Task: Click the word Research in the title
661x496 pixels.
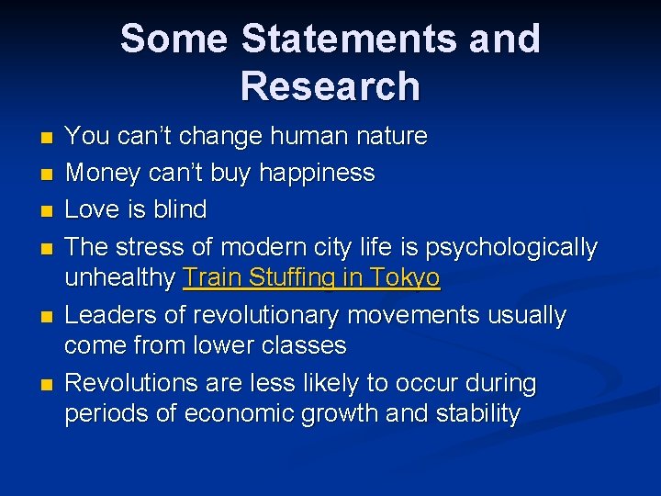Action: click(x=330, y=86)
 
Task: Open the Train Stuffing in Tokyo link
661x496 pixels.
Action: click(x=311, y=278)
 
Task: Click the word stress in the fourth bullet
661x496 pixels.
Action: click(x=151, y=247)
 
